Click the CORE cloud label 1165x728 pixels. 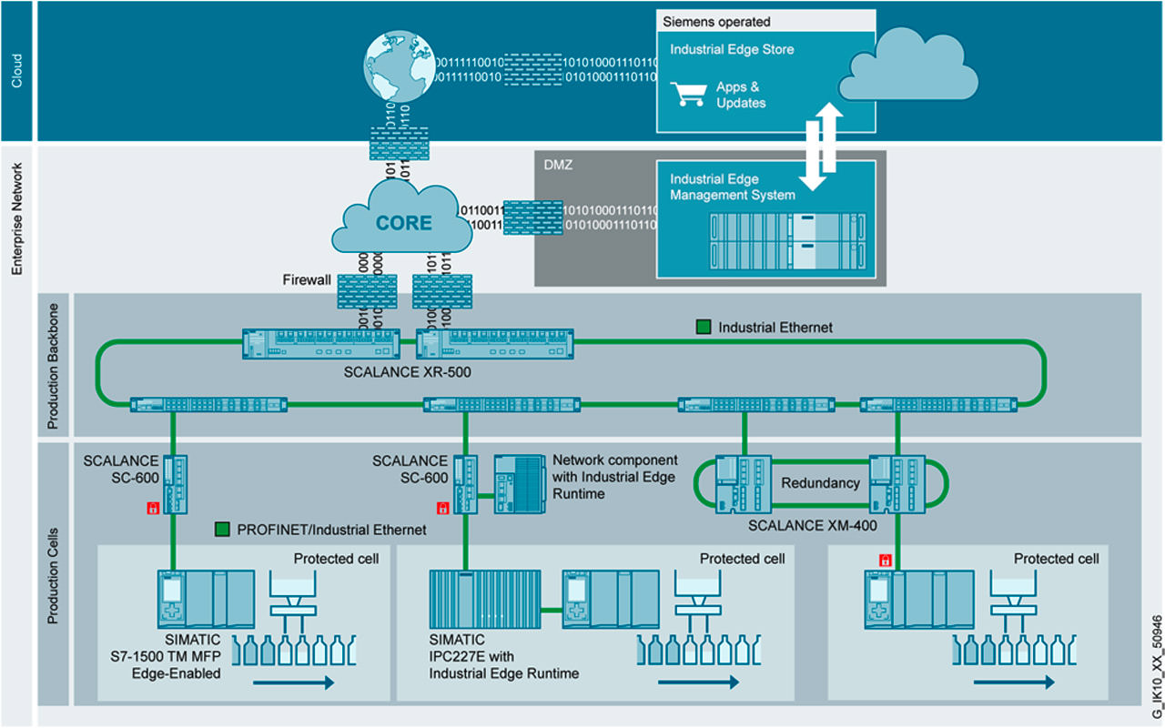pos(403,222)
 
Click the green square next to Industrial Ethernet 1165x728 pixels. pos(704,327)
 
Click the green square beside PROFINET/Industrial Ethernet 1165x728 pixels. pos(222,529)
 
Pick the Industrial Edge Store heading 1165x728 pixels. pos(732,49)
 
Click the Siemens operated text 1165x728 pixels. pos(715,21)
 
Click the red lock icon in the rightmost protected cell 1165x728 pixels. pos(882,559)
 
